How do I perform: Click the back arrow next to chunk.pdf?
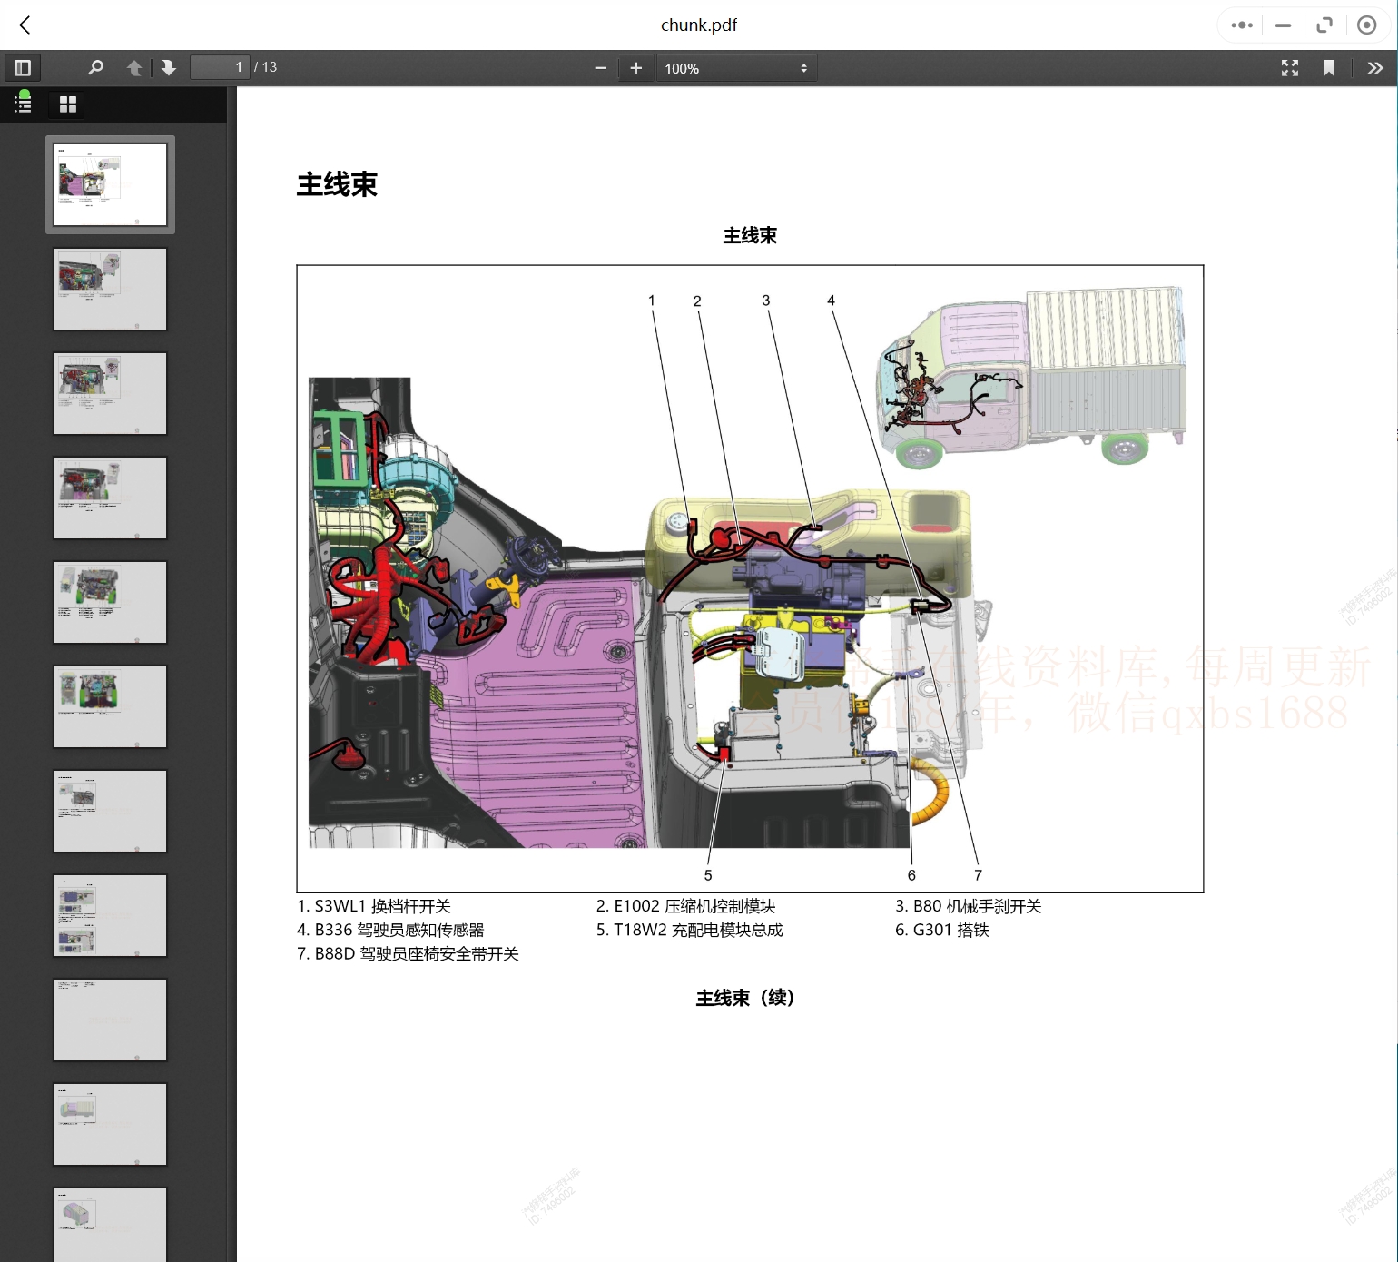[x=25, y=25]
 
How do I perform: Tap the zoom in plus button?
[x=636, y=68]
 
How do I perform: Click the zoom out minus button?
[x=600, y=68]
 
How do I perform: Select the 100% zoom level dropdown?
[x=735, y=68]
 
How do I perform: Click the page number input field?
[x=219, y=67]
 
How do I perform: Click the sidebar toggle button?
[x=23, y=68]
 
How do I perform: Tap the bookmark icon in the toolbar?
[x=1329, y=68]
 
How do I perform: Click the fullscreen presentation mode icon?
[x=1289, y=68]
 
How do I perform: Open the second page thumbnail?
[x=110, y=289]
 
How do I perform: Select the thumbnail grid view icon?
[x=68, y=104]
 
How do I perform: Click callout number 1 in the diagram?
[x=651, y=301]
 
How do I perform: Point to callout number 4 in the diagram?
[x=831, y=301]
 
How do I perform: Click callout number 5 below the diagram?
[x=708, y=875]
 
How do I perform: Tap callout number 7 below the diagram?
[x=978, y=875]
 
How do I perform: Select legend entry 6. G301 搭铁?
[x=942, y=930]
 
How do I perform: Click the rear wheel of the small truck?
[x=1124, y=448]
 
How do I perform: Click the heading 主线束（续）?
[x=745, y=998]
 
